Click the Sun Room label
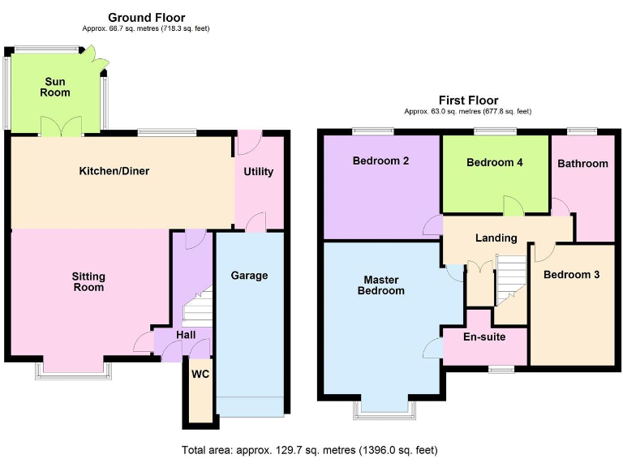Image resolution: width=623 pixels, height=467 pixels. [x=56, y=87]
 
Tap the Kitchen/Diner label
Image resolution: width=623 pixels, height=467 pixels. [x=114, y=171]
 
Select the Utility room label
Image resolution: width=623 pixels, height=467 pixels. [x=259, y=172]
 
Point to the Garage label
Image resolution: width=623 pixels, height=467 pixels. [x=249, y=276]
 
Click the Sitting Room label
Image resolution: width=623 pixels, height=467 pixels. [x=88, y=281]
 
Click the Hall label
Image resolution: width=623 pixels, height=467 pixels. [x=186, y=334]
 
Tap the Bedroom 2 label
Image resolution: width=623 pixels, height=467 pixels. [x=380, y=161]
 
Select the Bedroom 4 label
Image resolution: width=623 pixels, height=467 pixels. [x=495, y=162]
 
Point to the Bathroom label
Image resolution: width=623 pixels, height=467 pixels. [x=582, y=164]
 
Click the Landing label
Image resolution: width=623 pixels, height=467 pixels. [x=496, y=238]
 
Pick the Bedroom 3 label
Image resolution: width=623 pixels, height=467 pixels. [x=571, y=275]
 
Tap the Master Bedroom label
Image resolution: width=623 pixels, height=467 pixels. [x=380, y=285]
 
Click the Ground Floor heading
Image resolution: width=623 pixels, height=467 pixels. [x=146, y=17]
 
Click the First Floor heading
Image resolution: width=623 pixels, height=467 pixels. [x=468, y=101]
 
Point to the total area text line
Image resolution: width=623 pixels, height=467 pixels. [x=311, y=449]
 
